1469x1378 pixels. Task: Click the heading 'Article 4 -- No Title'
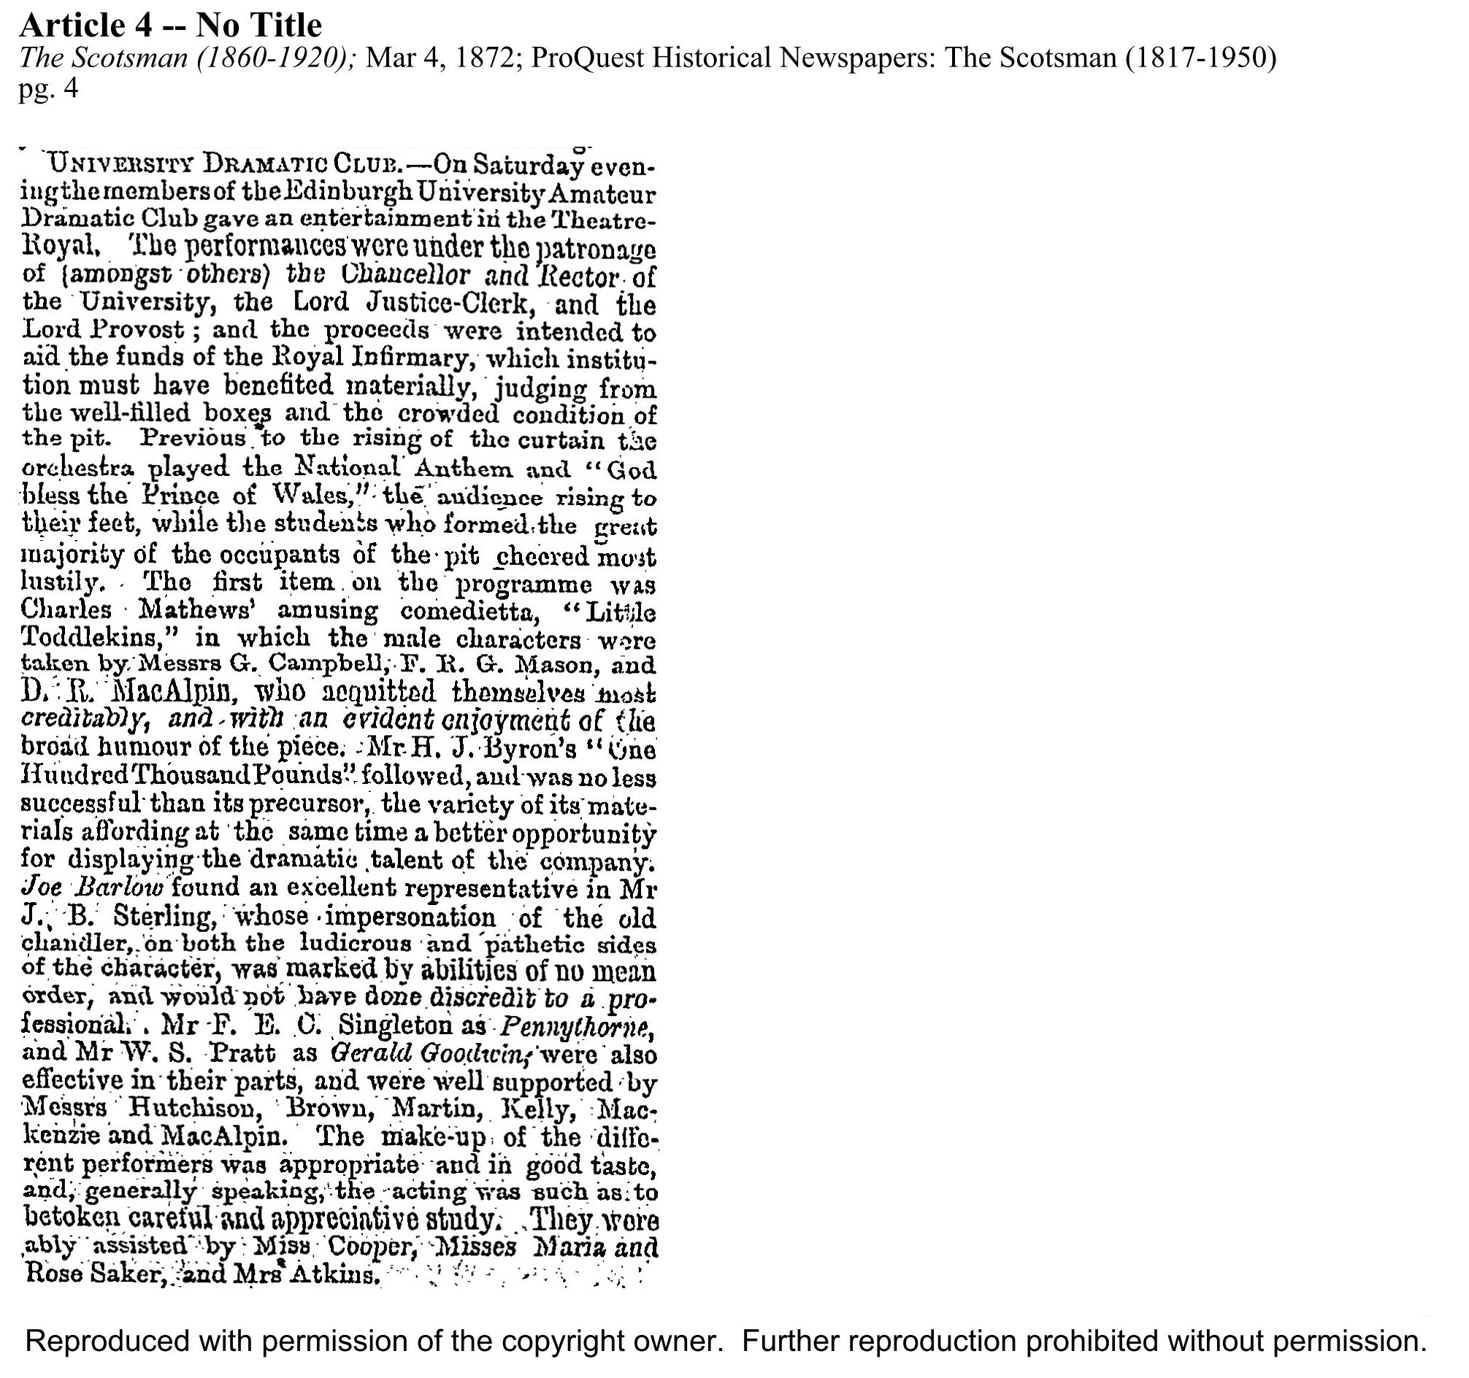click(170, 26)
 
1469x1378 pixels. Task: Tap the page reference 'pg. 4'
click(48, 88)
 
